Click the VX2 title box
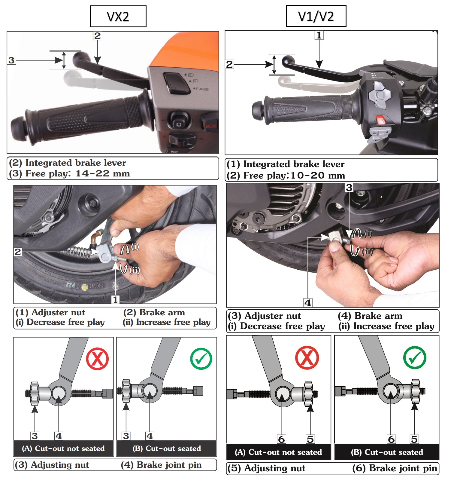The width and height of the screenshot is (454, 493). (x=118, y=16)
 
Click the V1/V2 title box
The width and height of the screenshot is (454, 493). (x=316, y=16)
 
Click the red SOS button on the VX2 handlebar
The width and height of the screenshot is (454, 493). (x=210, y=126)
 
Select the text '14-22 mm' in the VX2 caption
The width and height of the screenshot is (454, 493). (x=103, y=173)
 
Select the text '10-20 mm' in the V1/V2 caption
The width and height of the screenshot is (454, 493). (x=318, y=175)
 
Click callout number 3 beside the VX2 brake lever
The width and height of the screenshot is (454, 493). (x=11, y=60)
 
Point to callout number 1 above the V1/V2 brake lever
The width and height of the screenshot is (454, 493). (x=319, y=35)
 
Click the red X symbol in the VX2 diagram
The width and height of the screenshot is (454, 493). (x=97, y=359)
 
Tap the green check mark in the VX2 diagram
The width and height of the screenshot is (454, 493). (x=201, y=359)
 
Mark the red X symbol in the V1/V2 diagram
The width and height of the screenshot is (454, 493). (x=307, y=358)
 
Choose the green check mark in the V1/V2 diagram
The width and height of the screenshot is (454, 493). (x=415, y=357)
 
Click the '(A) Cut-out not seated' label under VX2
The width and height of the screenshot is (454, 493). (x=63, y=449)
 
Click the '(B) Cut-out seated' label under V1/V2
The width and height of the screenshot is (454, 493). (x=387, y=452)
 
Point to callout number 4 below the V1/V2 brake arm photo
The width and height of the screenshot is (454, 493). (x=308, y=303)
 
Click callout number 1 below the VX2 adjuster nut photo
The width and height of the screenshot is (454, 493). (x=115, y=299)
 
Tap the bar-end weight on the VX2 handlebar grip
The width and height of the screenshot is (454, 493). (x=19, y=130)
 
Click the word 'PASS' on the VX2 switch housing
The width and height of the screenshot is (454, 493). (x=202, y=89)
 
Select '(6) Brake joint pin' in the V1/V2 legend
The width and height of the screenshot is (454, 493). (x=395, y=468)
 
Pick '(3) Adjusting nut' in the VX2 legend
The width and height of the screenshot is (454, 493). (x=52, y=465)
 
